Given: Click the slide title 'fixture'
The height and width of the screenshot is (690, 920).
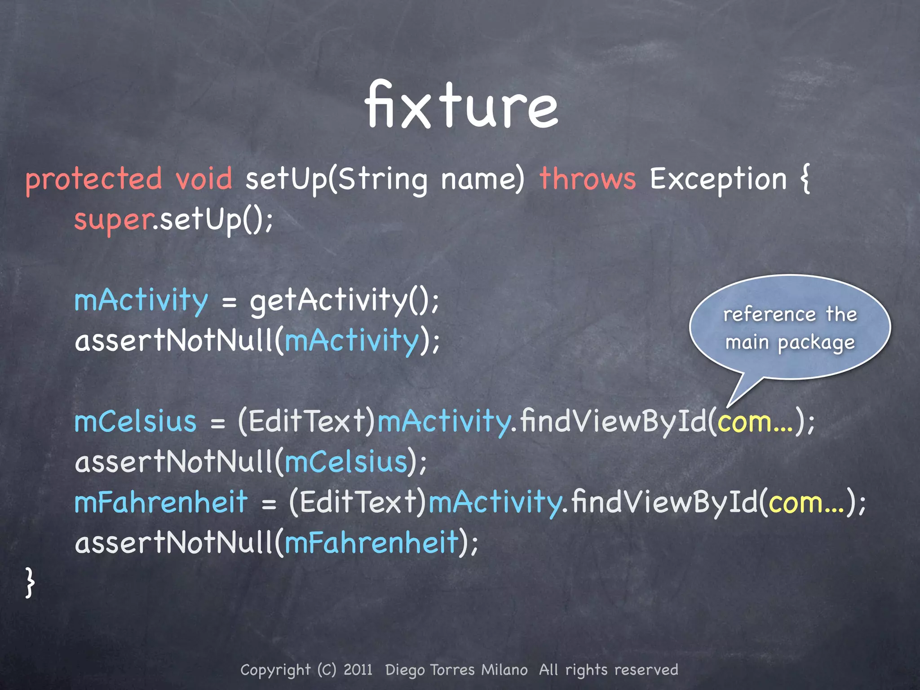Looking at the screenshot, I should click(461, 106).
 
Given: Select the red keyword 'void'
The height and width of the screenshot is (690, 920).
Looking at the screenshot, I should click(204, 179).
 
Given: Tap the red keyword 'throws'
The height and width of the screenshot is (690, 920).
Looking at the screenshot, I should click(588, 179).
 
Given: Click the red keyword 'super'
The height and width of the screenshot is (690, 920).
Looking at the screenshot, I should click(114, 220).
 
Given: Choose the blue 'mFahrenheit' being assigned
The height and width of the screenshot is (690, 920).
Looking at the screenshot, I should click(161, 502).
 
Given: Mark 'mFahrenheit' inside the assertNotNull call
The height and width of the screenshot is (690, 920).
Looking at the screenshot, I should click(372, 543).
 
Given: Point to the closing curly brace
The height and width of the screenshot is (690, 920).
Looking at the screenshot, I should click(30, 583).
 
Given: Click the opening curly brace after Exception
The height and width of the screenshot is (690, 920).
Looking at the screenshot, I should click(805, 179).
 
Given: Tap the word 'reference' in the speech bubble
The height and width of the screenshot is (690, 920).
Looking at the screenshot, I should click(770, 314).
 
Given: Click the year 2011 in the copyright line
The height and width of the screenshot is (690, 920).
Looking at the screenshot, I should click(358, 670).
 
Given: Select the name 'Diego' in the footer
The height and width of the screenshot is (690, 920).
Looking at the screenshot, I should click(405, 670).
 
